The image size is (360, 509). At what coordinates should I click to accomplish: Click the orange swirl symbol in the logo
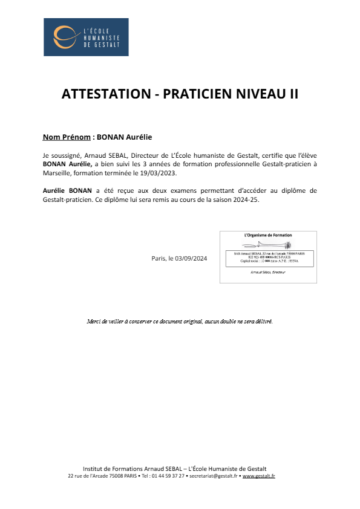[62, 36]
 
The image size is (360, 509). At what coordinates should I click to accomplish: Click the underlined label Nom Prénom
[62, 137]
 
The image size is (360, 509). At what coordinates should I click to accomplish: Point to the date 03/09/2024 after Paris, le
[191, 258]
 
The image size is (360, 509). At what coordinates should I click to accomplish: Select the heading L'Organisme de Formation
[267, 235]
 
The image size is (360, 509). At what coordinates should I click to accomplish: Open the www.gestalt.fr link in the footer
[259, 476]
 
